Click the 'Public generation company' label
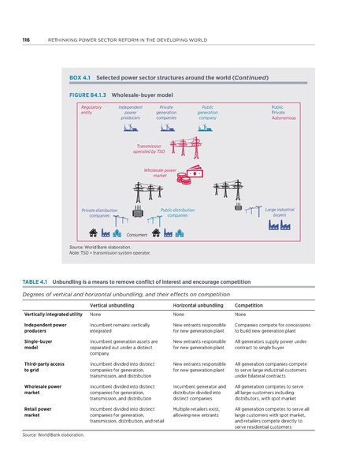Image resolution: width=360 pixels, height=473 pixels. (208, 114)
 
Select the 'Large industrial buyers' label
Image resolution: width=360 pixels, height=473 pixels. (280, 212)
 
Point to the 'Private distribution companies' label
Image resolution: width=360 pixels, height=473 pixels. (99, 213)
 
